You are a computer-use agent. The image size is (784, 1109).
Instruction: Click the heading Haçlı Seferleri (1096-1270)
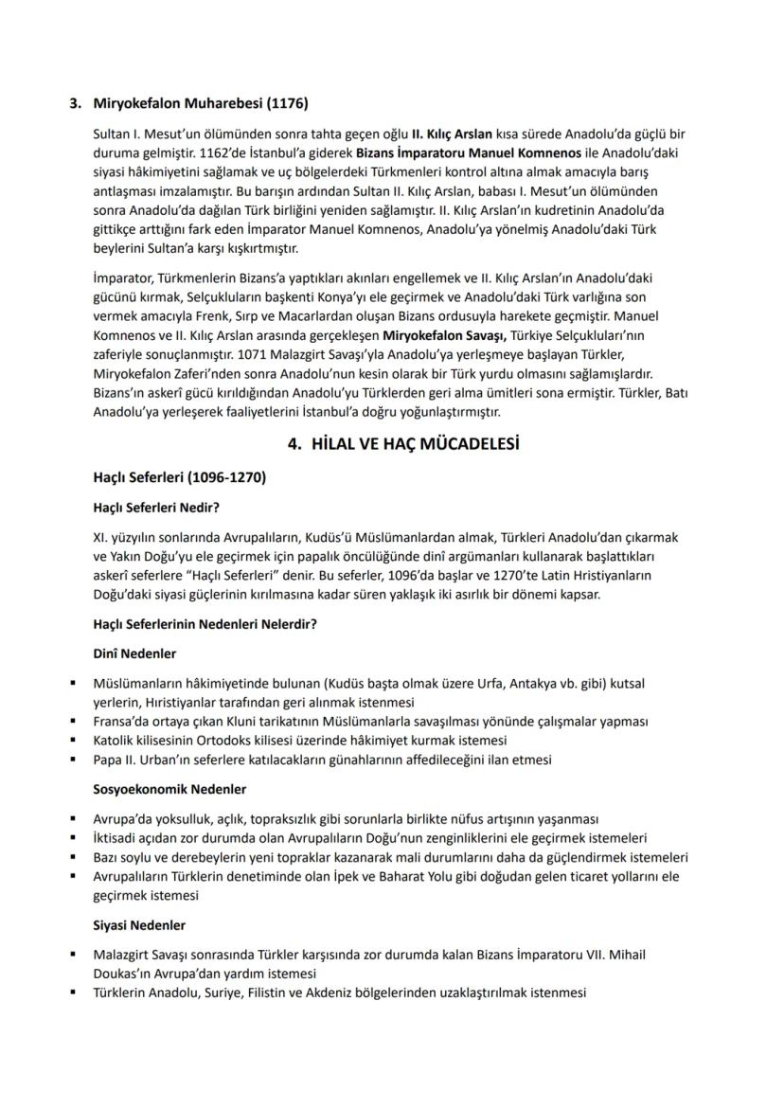(x=179, y=478)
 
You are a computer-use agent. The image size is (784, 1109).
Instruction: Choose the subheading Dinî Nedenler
(x=134, y=653)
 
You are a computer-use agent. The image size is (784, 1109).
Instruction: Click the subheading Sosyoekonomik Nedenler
(x=169, y=788)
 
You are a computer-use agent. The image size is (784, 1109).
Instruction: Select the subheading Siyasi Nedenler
(x=139, y=924)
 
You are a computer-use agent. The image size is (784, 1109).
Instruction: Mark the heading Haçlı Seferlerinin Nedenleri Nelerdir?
(x=205, y=624)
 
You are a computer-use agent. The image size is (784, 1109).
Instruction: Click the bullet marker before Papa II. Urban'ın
(x=72, y=760)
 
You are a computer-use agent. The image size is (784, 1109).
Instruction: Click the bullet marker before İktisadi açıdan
(x=72, y=838)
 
